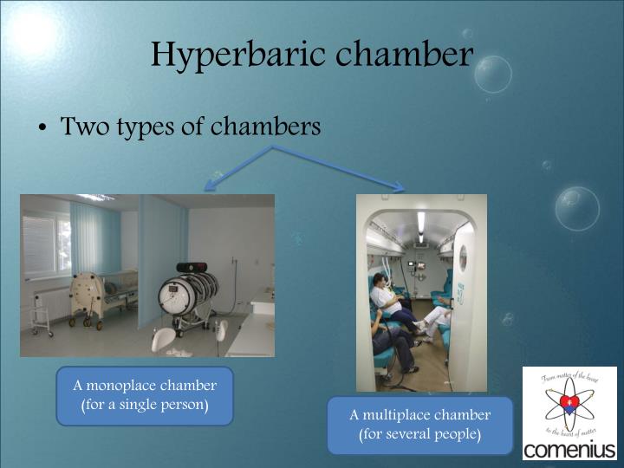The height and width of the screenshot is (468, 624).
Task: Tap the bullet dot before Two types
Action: (x=42, y=128)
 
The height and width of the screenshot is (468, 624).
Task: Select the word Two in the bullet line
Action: (x=82, y=127)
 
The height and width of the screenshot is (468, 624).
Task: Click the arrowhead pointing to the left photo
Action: (x=210, y=185)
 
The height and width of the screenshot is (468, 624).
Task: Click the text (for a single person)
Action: (x=145, y=405)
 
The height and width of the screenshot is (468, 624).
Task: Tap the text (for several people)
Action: (x=420, y=434)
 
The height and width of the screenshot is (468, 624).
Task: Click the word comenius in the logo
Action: (x=569, y=450)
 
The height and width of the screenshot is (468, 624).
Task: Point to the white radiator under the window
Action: (x=50, y=303)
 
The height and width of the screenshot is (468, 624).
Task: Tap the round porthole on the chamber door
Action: (x=462, y=257)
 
